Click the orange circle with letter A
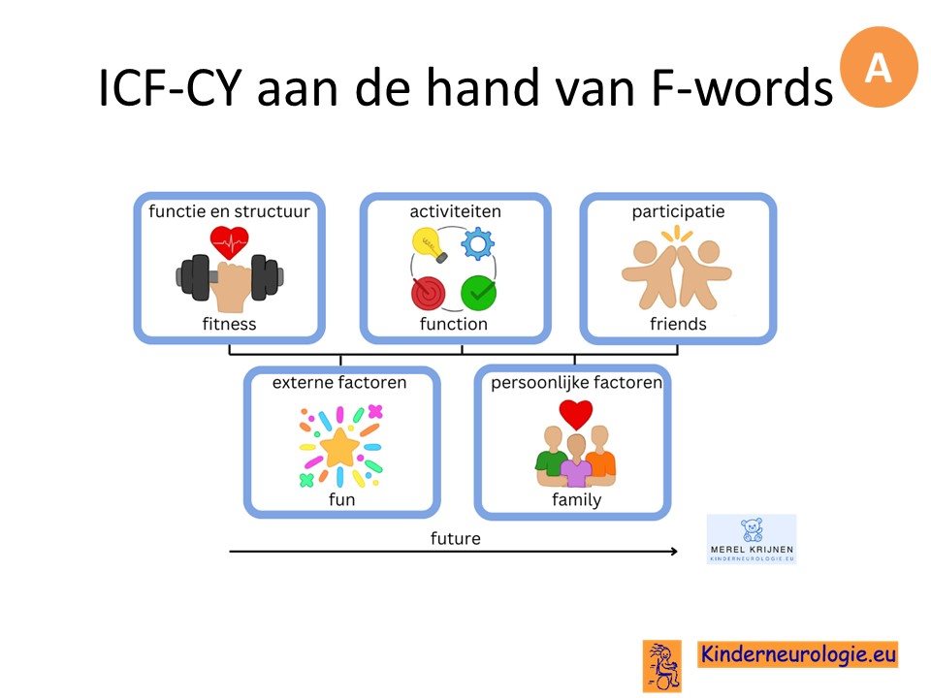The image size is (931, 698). click(879, 67)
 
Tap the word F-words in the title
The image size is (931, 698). click(742, 88)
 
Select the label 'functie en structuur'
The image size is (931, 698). click(229, 211)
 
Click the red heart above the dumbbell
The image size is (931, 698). click(229, 242)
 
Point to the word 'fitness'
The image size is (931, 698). click(229, 324)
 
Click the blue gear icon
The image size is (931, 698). click(478, 243)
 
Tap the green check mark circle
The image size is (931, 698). click(478, 293)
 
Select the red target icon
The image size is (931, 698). click(429, 293)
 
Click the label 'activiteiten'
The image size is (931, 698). click(456, 211)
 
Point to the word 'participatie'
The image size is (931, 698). click(678, 212)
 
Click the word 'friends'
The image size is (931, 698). click(678, 324)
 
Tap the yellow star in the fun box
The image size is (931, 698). click(339, 447)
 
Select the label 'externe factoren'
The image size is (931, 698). click(339, 382)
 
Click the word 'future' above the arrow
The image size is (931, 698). click(456, 538)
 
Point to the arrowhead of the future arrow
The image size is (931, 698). click(675, 552)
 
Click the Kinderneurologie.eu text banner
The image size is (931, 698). click(798, 654)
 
